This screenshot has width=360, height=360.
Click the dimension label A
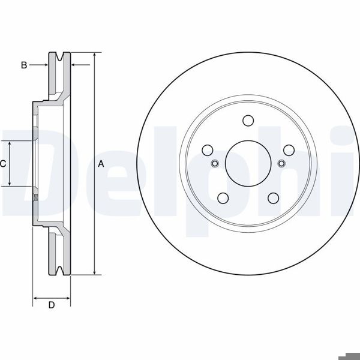(101, 164)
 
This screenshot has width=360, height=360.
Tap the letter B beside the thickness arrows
(24, 65)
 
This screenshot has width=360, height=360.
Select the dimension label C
(3, 164)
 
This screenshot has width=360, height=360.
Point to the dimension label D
(52, 305)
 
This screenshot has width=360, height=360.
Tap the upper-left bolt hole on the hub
(208, 150)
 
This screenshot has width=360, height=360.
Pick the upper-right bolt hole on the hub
(289, 150)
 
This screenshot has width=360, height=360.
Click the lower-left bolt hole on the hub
(223, 198)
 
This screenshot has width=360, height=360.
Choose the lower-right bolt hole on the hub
(274, 198)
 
